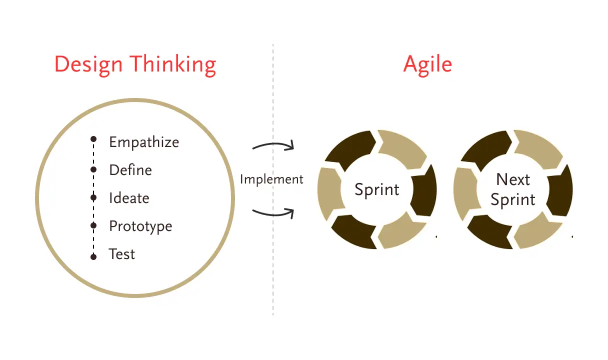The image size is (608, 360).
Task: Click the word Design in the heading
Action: tap(88, 65)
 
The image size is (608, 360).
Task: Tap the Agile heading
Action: tap(427, 65)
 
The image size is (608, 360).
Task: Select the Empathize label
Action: tap(144, 142)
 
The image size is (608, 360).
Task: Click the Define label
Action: tap(130, 170)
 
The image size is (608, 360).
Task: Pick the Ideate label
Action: tap(129, 198)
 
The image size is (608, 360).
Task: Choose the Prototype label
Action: tap(140, 226)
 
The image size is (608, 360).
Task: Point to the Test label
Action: tap(122, 254)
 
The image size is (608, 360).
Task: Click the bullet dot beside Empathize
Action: tap(93, 138)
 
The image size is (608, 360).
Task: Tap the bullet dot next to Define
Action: tap(93, 170)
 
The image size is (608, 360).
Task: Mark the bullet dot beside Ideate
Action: tap(93, 198)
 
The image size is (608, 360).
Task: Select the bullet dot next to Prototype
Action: tap(93, 226)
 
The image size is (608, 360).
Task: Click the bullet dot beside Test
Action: tap(93, 256)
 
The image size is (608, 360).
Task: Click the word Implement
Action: tap(271, 179)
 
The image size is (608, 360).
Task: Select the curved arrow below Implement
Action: tap(273, 213)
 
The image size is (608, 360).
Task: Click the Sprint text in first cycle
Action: tap(377, 189)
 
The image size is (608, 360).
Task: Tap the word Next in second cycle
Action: tap(513, 179)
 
